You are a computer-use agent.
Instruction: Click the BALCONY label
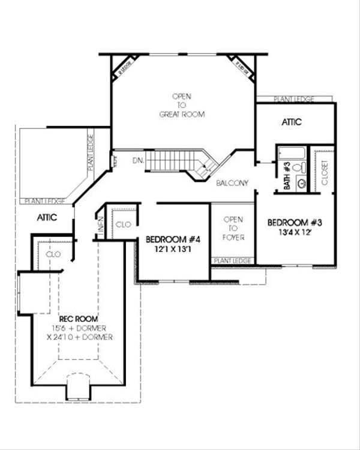coord(233,182)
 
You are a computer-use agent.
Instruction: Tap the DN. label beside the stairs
coord(137,161)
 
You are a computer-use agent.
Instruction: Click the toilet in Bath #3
coord(302,168)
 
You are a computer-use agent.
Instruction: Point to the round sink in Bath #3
coord(302,184)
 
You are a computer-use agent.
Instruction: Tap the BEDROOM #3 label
coord(295,221)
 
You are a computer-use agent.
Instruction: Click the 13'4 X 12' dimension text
coord(295,230)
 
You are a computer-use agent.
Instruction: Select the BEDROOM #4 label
coord(173,239)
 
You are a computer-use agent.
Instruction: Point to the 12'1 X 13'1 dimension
coord(173,249)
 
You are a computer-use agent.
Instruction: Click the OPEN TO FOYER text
coord(233,228)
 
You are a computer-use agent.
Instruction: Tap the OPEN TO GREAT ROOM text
coord(182,105)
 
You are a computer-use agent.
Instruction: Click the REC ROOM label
coord(79,319)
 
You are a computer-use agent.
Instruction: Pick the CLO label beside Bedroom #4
coord(122,224)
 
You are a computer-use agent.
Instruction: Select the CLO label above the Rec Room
coord(53,254)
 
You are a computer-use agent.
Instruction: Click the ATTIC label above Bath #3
coord(291,122)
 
